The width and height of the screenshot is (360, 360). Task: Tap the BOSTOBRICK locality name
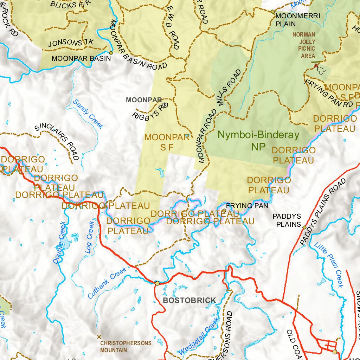(189, 300)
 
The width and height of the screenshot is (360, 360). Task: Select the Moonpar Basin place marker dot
(111, 53)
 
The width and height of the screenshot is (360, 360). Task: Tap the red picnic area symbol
(315, 65)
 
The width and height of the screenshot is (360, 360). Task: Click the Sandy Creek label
(88, 114)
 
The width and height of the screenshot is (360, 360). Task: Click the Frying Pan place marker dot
(224, 211)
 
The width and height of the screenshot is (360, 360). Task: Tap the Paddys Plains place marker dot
(304, 227)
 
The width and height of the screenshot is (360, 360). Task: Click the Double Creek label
(60, 243)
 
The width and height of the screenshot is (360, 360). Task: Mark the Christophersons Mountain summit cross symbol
(99, 336)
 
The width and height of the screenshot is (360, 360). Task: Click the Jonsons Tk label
(71, 43)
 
